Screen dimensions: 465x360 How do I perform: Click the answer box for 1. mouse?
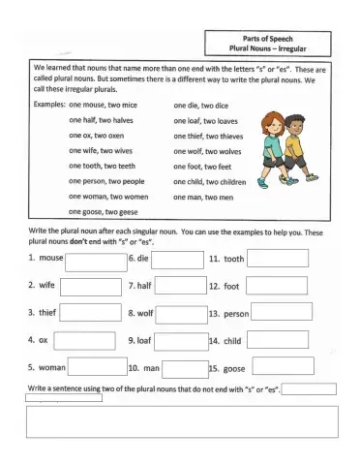[95, 260]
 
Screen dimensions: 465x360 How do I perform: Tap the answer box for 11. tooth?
[279, 259]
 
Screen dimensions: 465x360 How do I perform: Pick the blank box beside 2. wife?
[95, 286]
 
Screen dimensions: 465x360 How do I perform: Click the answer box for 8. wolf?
[181, 313]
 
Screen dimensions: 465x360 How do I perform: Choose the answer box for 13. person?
[282, 313]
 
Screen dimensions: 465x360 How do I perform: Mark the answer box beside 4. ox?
[95, 340]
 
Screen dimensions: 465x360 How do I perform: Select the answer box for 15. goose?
[281, 367]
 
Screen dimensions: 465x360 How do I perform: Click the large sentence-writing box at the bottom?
[182, 422]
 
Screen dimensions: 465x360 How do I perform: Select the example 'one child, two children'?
[209, 181]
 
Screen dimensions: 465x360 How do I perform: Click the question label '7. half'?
[140, 287]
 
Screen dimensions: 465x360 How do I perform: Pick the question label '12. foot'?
[224, 287]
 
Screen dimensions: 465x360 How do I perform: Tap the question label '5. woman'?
[46, 368]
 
